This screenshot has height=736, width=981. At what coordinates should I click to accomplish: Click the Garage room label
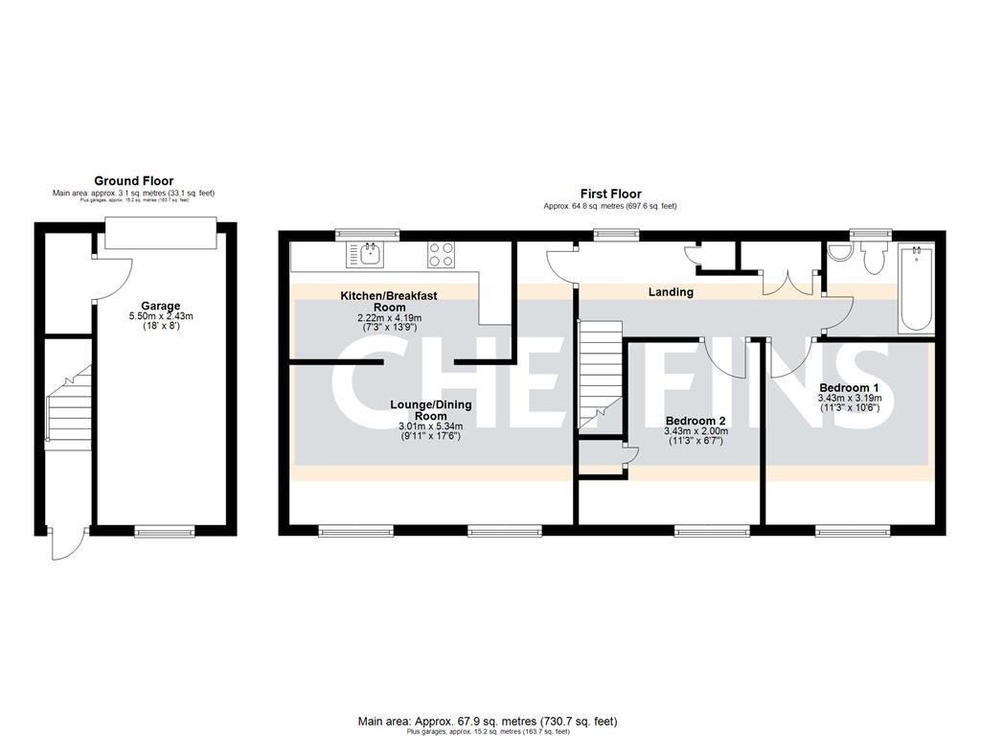pyautogui.click(x=161, y=306)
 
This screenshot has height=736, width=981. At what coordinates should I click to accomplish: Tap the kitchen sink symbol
pyautogui.click(x=370, y=254)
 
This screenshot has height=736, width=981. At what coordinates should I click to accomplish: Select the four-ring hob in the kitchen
pyautogui.click(x=441, y=254)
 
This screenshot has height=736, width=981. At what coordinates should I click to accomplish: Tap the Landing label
pyautogui.click(x=671, y=292)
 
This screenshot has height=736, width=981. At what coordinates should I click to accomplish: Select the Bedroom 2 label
pyautogui.click(x=696, y=421)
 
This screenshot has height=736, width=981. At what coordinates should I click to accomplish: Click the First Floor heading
pyautogui.click(x=610, y=195)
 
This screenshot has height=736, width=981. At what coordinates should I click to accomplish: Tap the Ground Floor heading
pyautogui.click(x=133, y=180)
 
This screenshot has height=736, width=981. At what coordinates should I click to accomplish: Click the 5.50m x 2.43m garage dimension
pyautogui.click(x=161, y=316)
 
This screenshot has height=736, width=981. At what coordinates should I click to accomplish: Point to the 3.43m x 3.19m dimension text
pyautogui.click(x=849, y=398)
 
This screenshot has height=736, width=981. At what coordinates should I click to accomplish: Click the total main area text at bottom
pyautogui.click(x=488, y=721)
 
